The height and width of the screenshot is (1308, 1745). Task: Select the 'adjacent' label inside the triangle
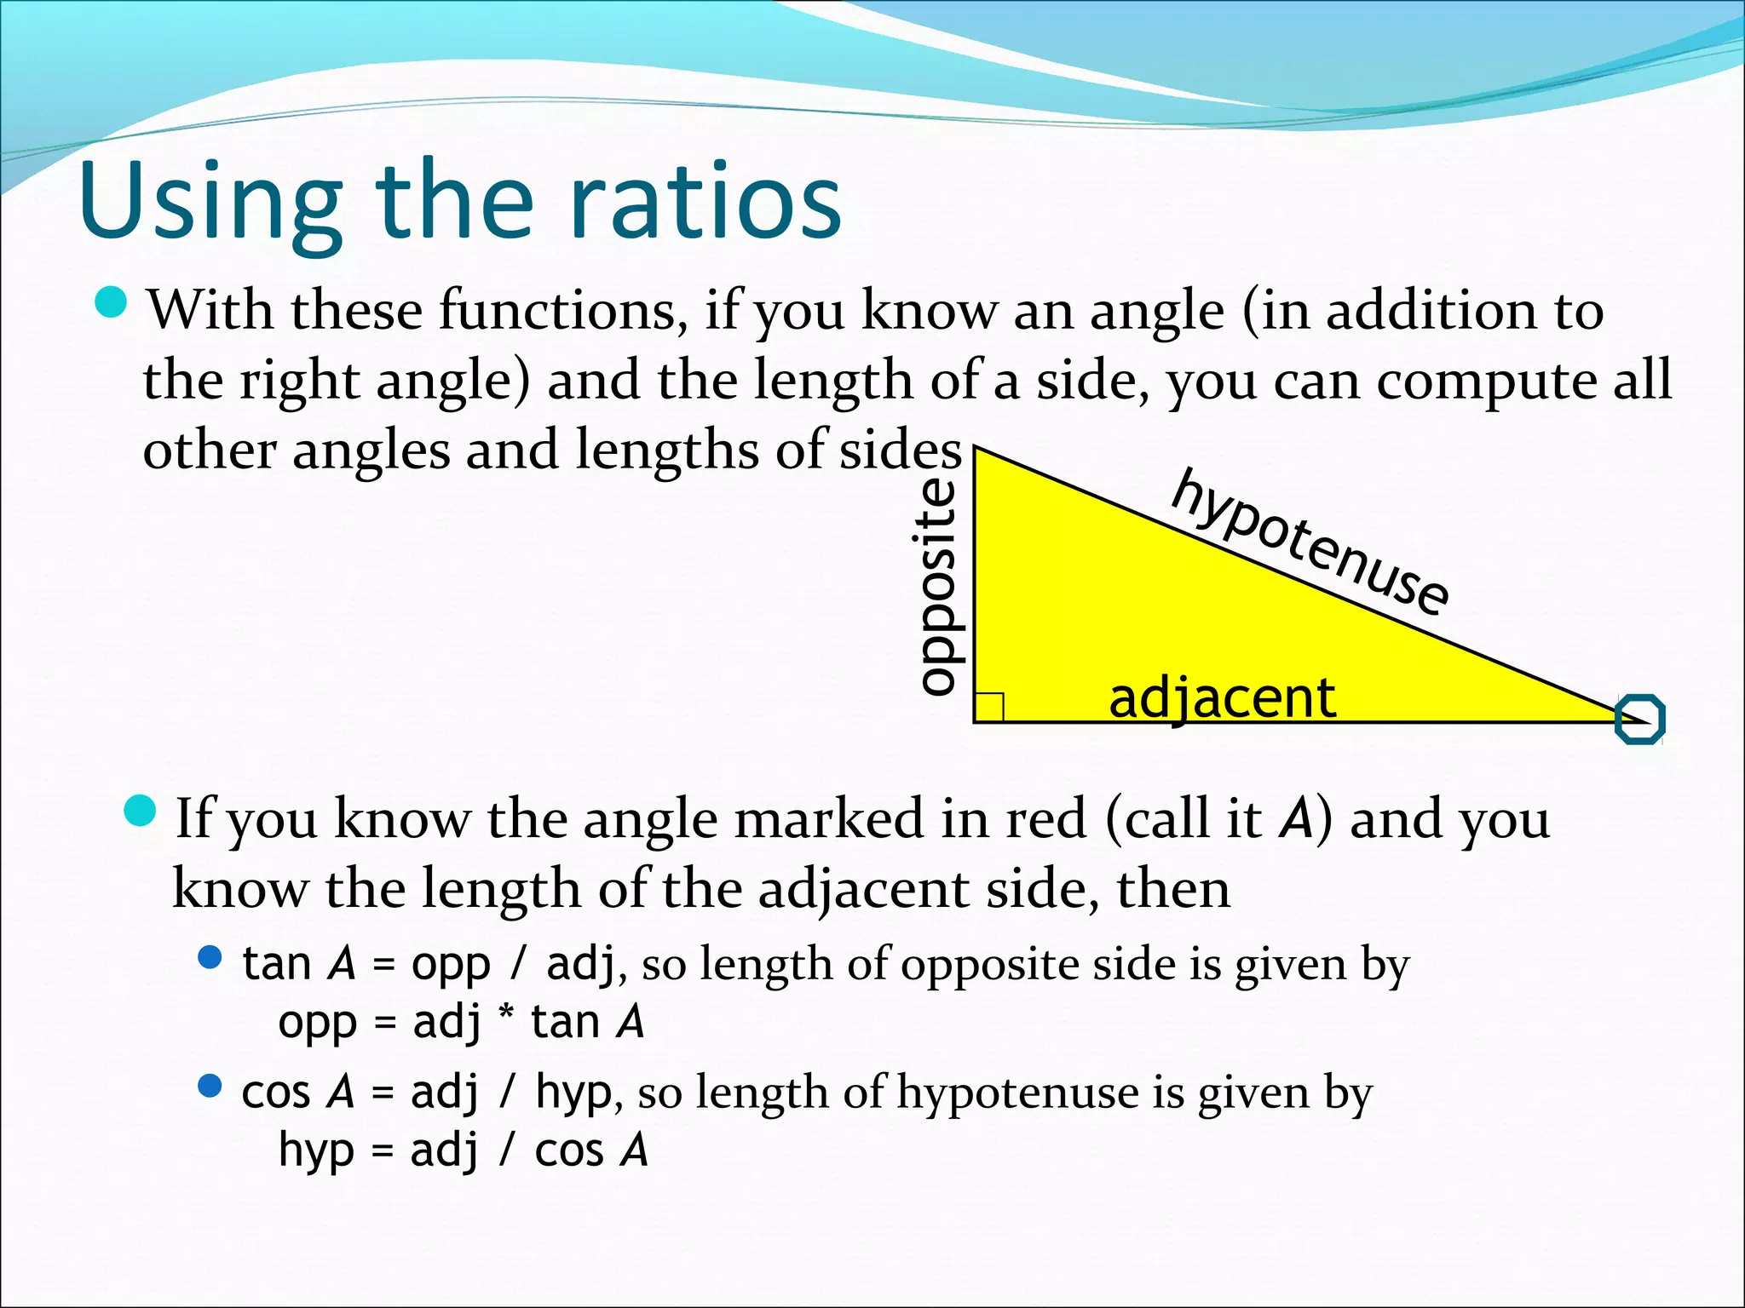point(1222,698)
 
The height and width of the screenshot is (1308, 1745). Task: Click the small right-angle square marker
point(989,707)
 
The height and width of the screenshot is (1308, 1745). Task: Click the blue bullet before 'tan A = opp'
point(210,958)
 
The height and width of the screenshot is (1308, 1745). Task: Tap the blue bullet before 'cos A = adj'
point(210,1086)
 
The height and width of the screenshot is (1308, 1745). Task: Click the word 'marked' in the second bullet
point(829,819)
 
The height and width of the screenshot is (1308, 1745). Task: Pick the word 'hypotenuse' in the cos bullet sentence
point(1017,1093)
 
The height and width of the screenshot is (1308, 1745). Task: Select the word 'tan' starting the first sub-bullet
point(276,965)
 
